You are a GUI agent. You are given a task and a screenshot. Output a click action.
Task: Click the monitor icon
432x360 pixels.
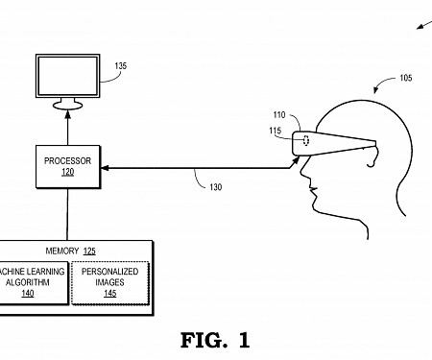click(x=67, y=80)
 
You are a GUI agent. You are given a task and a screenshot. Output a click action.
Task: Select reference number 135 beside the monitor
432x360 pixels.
click(x=120, y=67)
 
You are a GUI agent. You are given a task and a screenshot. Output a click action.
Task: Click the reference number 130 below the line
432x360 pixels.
click(x=215, y=187)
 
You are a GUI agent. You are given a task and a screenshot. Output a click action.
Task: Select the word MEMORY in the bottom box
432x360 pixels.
click(x=60, y=250)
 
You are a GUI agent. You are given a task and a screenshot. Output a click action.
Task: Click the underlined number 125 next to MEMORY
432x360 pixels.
click(x=89, y=250)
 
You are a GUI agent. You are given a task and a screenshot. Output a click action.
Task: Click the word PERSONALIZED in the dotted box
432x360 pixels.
click(x=109, y=273)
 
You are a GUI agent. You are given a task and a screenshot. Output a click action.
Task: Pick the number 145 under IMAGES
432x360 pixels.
click(x=109, y=295)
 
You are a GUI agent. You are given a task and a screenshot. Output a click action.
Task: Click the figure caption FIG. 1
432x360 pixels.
click(x=214, y=339)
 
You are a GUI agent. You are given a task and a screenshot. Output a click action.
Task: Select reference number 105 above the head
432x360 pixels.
click(x=406, y=78)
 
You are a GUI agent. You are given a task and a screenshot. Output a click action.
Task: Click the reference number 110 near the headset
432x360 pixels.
click(x=279, y=115)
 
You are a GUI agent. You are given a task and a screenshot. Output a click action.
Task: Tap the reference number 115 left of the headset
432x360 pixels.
click(x=276, y=132)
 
